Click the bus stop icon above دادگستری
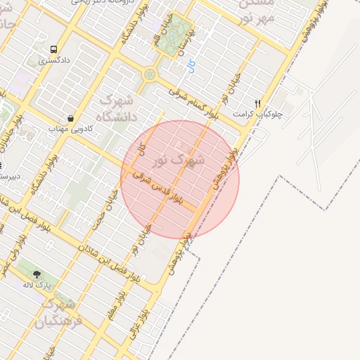54,49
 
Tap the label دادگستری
53,61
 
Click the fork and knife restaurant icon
258,103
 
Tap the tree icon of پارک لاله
37,274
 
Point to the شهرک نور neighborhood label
180,160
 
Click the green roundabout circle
149,73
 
